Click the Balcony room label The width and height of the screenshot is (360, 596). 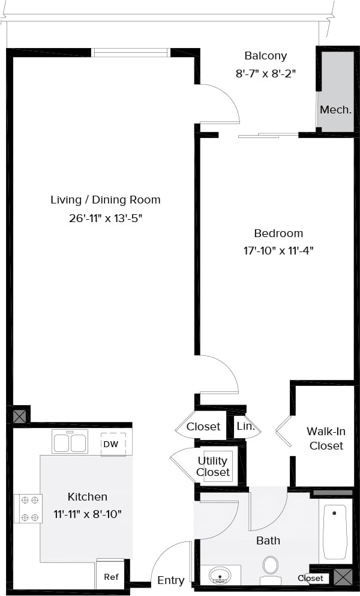tap(265, 56)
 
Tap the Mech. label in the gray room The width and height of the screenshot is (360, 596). tap(335, 110)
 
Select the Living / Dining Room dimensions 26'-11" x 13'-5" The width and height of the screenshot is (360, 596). tap(106, 218)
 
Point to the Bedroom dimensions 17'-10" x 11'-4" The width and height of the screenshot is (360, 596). tap(278, 250)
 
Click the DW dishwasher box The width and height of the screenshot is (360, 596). tap(111, 444)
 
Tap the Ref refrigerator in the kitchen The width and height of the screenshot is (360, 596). tap(111, 576)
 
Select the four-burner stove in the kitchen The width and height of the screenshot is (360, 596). tap(28, 508)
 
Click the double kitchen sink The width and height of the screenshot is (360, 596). tap(70, 443)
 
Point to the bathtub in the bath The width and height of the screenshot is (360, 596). tap(335, 531)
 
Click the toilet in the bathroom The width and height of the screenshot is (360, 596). tap(271, 568)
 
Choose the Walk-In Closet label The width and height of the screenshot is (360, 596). tap(326, 438)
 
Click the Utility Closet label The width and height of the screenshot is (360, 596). tap(213, 466)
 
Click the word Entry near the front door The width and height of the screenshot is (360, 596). tap(170, 580)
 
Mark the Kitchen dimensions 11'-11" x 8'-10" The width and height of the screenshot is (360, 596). tap(87, 514)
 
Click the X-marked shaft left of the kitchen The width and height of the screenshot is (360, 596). tap(20, 415)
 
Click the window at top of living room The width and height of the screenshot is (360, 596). tap(131, 53)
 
